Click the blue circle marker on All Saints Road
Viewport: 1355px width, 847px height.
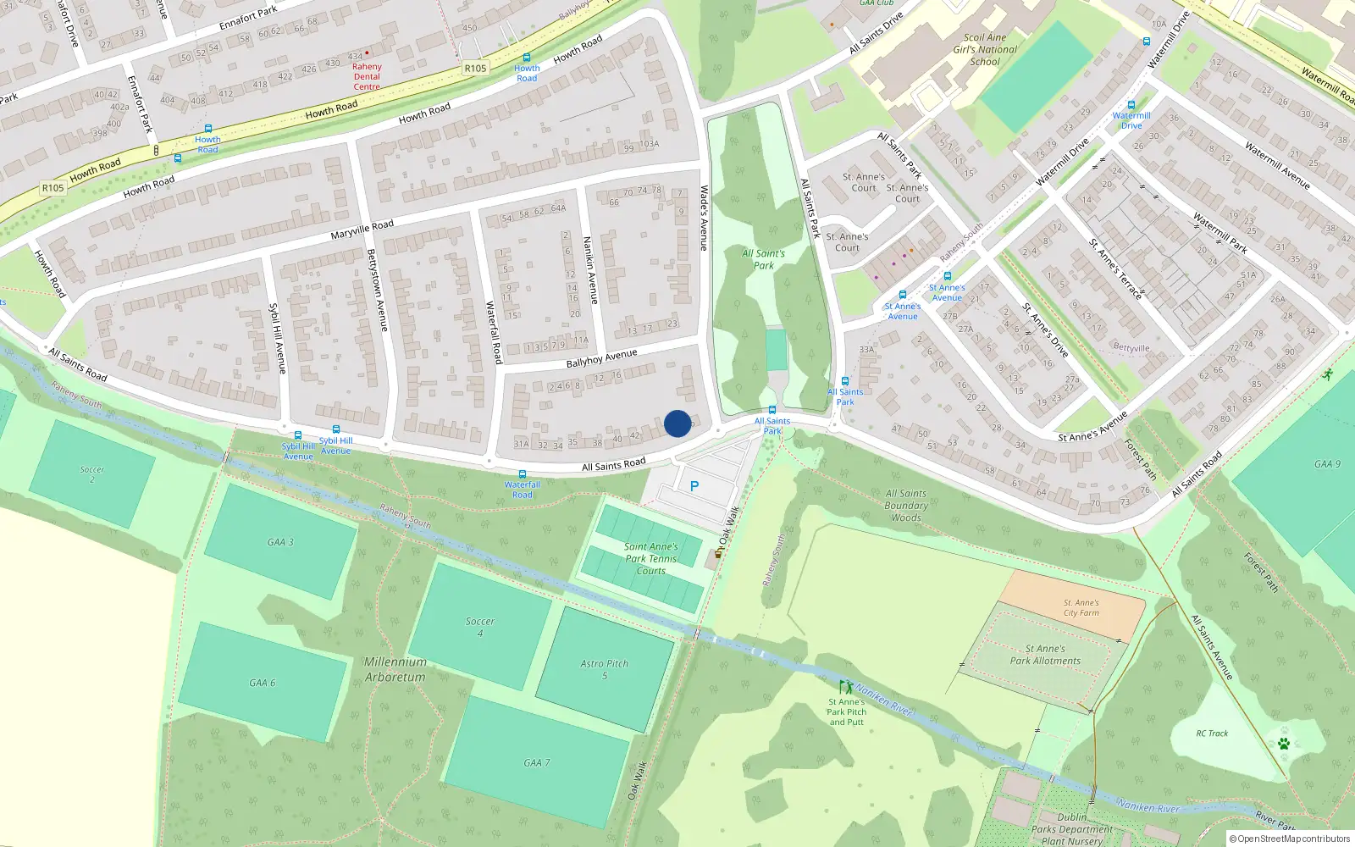click(x=677, y=423)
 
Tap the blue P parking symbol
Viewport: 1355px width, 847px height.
click(x=694, y=486)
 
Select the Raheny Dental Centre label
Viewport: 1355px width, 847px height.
click(x=367, y=76)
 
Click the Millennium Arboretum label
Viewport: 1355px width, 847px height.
click(x=395, y=669)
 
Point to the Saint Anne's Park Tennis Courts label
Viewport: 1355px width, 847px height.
click(x=650, y=559)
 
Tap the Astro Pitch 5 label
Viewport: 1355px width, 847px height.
click(x=605, y=669)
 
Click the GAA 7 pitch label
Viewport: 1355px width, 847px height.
click(x=536, y=763)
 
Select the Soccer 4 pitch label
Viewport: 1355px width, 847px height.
click(x=480, y=627)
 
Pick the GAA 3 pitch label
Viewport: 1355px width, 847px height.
click(x=280, y=542)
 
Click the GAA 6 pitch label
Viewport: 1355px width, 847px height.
click(x=262, y=683)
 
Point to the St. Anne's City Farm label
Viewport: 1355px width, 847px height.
click(x=1081, y=607)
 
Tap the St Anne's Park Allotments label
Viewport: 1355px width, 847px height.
click(x=1045, y=655)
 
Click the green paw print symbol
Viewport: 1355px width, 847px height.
click(x=1284, y=744)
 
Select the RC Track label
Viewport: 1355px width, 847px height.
click(x=1212, y=734)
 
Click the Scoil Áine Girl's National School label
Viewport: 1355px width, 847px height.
click(x=985, y=49)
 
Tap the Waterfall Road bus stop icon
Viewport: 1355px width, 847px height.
click(x=523, y=474)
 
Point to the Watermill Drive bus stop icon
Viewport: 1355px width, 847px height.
click(x=1131, y=105)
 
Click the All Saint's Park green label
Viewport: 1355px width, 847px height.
click(x=764, y=259)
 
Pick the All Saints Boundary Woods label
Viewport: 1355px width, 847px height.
click(x=906, y=506)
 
